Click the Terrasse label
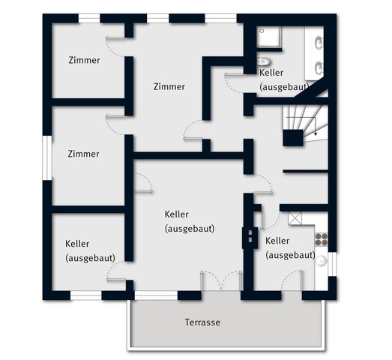pyautogui.click(x=202, y=322)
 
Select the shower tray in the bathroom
pyautogui.click(x=268, y=38)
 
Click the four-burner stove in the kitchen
pyautogui.click(x=322, y=238)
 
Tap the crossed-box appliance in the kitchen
pyautogui.click(x=295, y=218)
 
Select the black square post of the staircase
pyautogui.click(x=293, y=137)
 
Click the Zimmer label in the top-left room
pyautogui.click(x=83, y=61)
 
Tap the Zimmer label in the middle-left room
pyautogui.click(x=83, y=154)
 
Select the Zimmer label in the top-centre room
pyautogui.click(x=169, y=87)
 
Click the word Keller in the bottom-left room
pyautogui.click(x=78, y=244)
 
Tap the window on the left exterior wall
pyautogui.click(x=46, y=158)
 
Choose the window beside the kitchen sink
pyautogui.click(x=334, y=262)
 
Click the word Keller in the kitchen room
pyautogui.click(x=277, y=241)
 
